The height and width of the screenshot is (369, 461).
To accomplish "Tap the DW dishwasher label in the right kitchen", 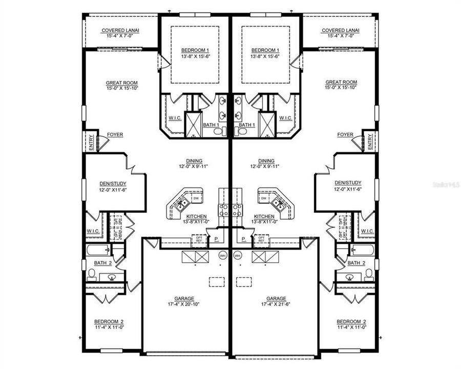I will pyautogui.click(x=263, y=198).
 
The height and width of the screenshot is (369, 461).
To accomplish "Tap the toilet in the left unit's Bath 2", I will pyautogui.click(x=92, y=273).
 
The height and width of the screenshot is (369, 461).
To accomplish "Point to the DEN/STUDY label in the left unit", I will pyautogui.click(x=113, y=183).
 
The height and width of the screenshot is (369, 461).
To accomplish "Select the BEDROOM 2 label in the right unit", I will pyautogui.click(x=351, y=322).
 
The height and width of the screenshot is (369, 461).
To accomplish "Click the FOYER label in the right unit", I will pyautogui.click(x=345, y=135).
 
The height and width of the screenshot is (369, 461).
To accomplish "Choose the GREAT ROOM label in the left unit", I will pyautogui.click(x=122, y=83).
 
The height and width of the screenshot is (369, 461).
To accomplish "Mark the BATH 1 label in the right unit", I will pyautogui.click(x=247, y=125).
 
